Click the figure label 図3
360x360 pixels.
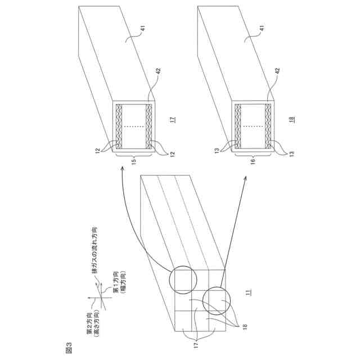[69, 348]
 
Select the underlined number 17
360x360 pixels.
[174, 119]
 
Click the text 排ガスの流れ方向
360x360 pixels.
[94, 250]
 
